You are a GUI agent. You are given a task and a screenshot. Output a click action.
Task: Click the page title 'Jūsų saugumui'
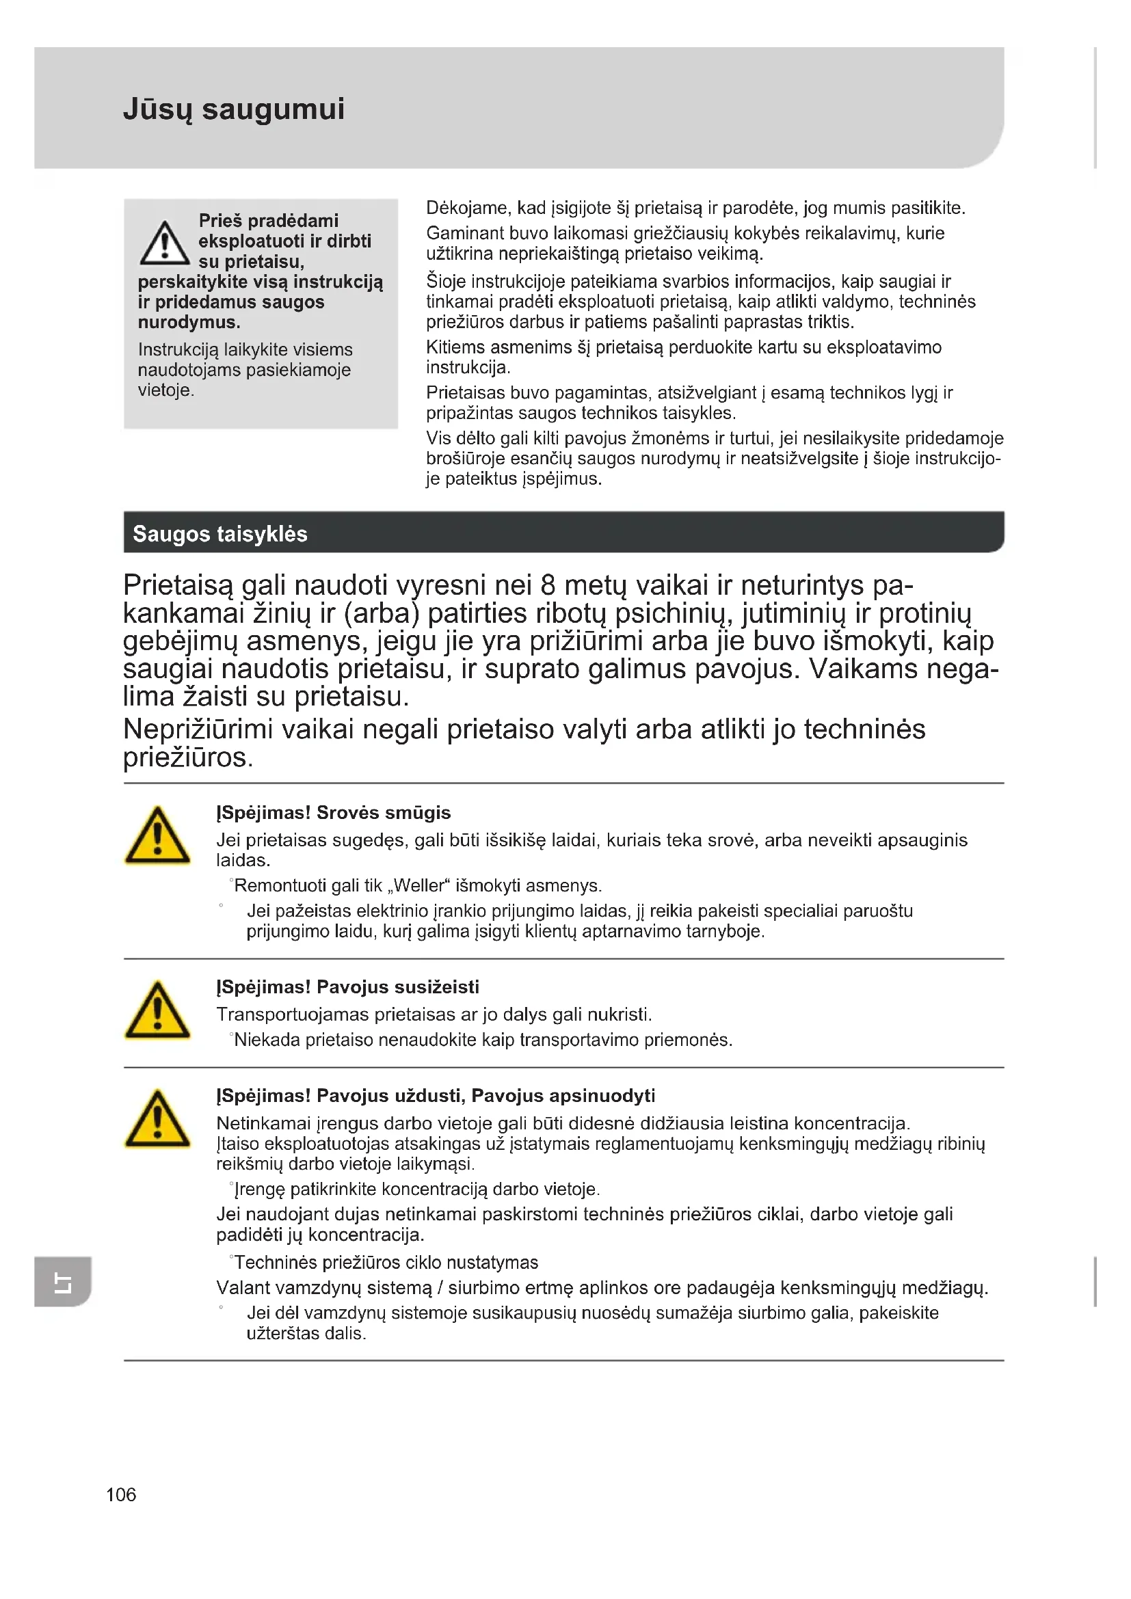233,109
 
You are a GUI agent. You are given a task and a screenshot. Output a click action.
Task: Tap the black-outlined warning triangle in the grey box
164,244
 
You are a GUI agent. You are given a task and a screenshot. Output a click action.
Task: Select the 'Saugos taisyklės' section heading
220,534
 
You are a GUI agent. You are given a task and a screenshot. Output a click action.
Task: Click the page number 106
121,1494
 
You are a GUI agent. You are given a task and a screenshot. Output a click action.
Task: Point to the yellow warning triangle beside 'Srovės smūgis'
157,837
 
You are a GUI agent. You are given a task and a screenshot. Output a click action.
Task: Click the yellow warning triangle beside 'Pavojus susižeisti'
157,1011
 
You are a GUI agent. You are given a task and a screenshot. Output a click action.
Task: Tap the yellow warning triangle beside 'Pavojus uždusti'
157,1120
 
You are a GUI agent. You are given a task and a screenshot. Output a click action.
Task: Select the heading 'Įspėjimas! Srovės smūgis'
334,813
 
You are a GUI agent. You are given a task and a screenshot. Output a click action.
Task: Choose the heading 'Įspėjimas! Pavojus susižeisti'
347,987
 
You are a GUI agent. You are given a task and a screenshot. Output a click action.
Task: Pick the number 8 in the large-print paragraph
549,586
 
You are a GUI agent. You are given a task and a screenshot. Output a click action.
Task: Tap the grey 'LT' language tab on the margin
63,1281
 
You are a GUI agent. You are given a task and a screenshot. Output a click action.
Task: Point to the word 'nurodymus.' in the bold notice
189,323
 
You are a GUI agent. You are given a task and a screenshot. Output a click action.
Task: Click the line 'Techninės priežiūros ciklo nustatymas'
386,1263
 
